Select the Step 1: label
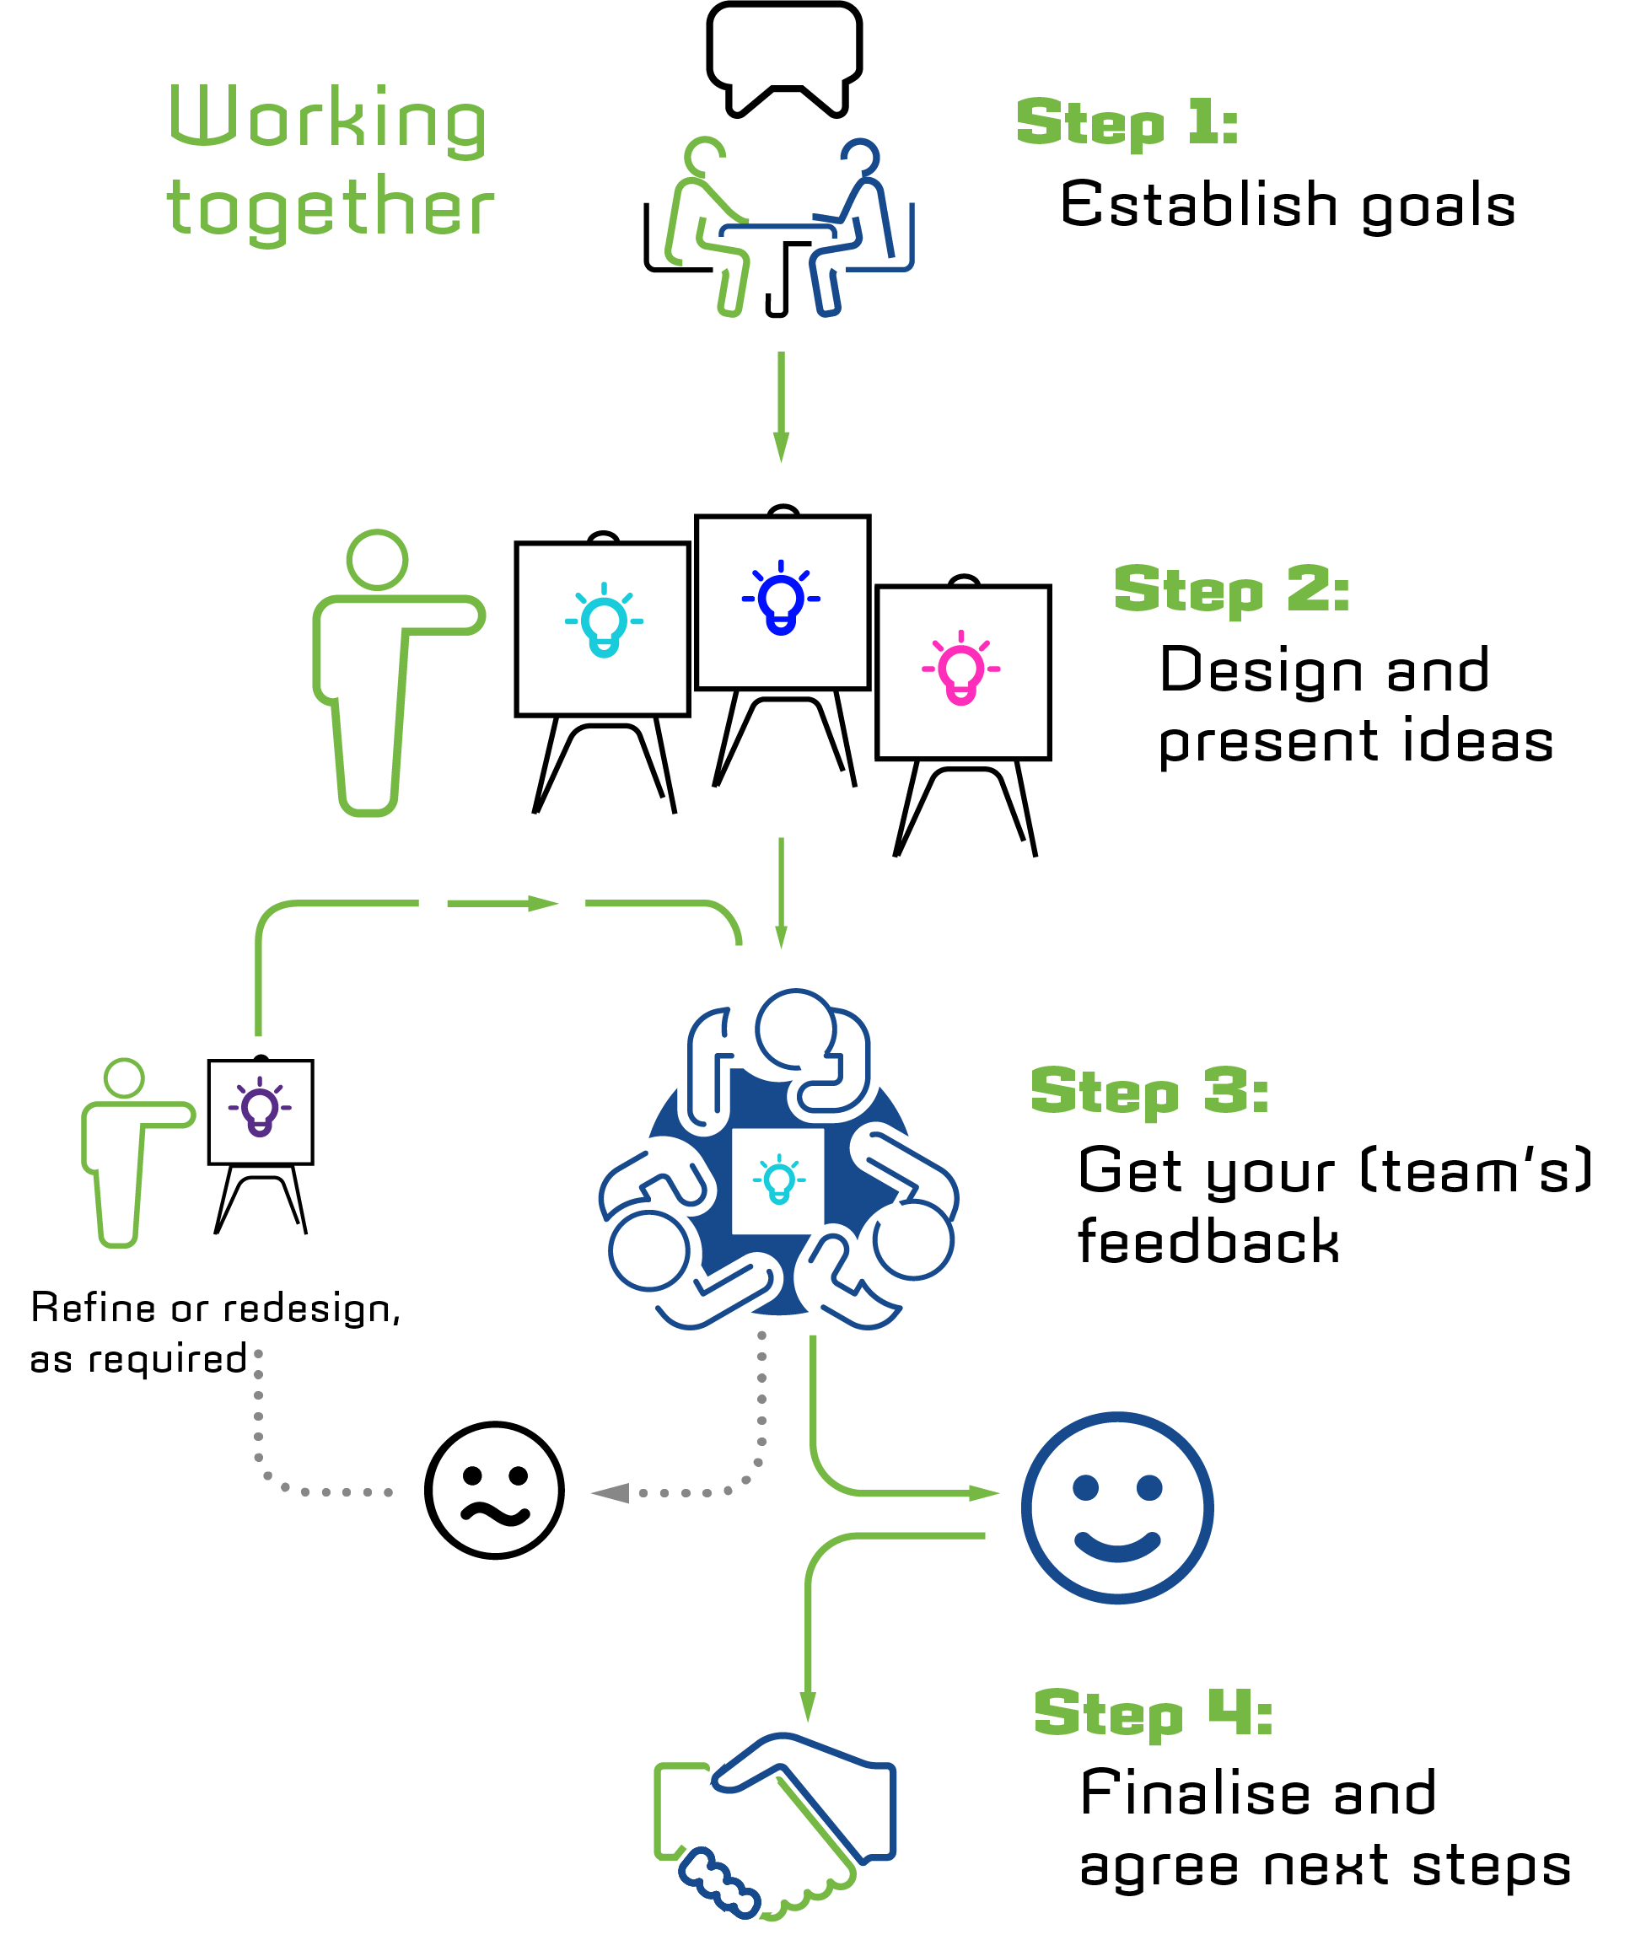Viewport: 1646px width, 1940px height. coord(1127,122)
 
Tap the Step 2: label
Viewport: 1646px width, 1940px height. coord(1232,589)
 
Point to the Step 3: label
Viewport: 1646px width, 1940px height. coord(1148,1091)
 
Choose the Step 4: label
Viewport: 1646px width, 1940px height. coord(1154,1713)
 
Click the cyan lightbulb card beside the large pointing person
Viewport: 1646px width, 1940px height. coord(603,629)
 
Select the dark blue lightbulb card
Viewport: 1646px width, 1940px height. coord(782,602)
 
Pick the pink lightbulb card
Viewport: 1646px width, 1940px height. coord(963,672)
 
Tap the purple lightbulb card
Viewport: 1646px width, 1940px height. coord(261,1111)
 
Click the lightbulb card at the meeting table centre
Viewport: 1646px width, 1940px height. coord(778,1180)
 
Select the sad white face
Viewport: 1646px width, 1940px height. coord(494,1491)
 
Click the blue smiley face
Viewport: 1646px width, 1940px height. coord(1117,1507)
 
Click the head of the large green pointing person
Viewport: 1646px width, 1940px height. coord(377,560)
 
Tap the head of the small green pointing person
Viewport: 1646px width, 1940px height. coord(124,1077)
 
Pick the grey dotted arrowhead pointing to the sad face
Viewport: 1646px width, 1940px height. coord(611,1493)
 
